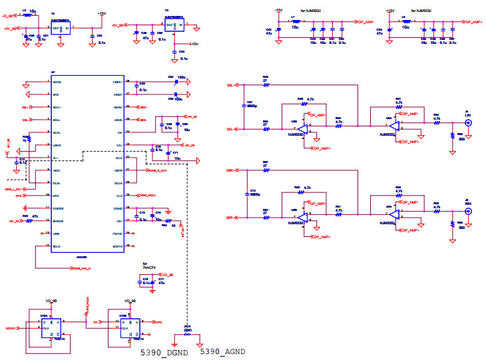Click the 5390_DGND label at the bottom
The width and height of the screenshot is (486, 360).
pyautogui.click(x=162, y=352)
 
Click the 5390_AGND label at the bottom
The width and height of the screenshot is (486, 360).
pyautogui.click(x=222, y=352)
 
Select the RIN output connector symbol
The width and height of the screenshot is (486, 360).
pyautogui.click(x=467, y=212)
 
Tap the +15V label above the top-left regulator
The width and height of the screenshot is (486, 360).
pyautogui.click(x=101, y=13)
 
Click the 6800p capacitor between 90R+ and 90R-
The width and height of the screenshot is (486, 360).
pyautogui.click(x=246, y=194)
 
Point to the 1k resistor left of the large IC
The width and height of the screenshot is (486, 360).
pyautogui.click(x=26, y=138)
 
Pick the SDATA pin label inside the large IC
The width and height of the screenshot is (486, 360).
pyautogui.click(x=118, y=246)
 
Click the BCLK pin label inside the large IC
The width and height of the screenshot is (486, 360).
pyautogui.click(x=57, y=246)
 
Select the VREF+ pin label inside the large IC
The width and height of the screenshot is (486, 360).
pyautogui.click(x=118, y=94)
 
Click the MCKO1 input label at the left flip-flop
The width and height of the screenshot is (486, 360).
pyautogui.click(x=11, y=329)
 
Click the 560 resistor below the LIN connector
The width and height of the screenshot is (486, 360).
pyautogui.click(x=453, y=134)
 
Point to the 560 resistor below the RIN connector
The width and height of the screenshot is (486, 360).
pyautogui.click(x=453, y=224)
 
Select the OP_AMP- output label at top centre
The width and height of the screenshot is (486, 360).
pyautogui.click(x=365, y=22)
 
